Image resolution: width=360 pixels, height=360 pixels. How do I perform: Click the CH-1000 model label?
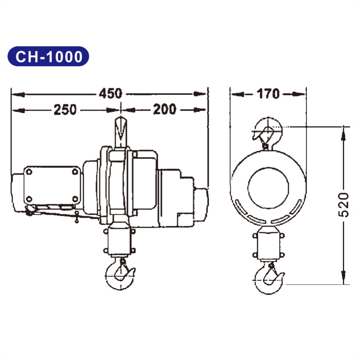49,56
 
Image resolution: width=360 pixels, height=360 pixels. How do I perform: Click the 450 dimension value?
110,94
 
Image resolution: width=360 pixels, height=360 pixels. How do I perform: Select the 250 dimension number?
65,109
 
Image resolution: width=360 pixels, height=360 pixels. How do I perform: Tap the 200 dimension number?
164,109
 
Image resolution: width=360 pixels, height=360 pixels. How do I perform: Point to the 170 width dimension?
268,94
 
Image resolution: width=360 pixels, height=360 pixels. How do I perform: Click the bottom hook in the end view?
269,279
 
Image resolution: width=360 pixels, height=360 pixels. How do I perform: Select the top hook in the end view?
268,130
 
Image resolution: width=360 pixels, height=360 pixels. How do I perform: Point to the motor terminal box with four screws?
50,185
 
